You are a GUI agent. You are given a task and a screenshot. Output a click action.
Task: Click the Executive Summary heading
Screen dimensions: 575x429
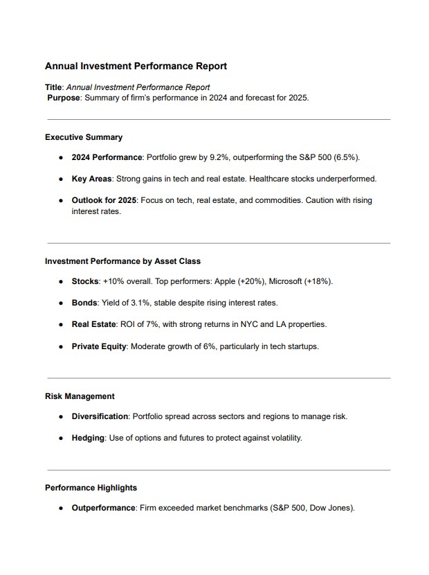[x=84, y=137]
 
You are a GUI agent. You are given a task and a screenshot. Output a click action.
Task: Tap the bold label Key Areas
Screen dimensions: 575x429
[x=91, y=179]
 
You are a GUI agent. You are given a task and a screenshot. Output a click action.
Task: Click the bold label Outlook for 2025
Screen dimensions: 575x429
[x=104, y=200]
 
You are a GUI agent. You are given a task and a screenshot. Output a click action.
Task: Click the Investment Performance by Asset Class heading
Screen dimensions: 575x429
[x=122, y=261]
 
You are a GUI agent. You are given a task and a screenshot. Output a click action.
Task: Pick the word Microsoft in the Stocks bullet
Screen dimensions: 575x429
[x=288, y=282]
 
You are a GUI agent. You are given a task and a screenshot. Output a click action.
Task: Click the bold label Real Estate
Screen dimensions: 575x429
[x=94, y=324]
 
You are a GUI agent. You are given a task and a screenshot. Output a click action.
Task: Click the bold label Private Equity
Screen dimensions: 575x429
[x=99, y=346]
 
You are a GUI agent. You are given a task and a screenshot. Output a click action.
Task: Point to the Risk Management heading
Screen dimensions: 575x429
[x=80, y=396]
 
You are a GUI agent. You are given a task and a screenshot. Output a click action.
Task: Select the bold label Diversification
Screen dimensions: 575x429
[x=100, y=416]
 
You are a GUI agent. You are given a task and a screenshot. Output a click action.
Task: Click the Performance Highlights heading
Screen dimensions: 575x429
[x=91, y=488]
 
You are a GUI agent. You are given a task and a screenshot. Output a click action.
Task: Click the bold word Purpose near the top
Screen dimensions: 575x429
[x=64, y=98]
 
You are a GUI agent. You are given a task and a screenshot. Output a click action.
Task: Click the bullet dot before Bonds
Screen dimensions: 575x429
[x=62, y=303]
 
